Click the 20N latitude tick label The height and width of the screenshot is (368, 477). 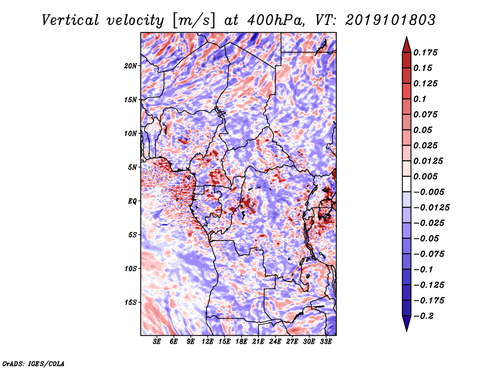[131, 66]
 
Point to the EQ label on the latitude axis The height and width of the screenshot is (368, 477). [132, 201]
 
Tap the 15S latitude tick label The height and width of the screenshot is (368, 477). [131, 302]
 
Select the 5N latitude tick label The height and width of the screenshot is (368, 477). [132, 167]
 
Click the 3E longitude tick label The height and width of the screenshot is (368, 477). [157, 342]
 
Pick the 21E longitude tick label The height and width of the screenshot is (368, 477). [258, 342]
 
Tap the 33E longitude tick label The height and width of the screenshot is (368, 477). [326, 342]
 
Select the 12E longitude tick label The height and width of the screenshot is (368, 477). [207, 342]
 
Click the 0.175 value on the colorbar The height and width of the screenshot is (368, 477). [425, 52]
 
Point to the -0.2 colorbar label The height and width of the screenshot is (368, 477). [423, 316]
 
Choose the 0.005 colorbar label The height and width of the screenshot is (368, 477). [425, 176]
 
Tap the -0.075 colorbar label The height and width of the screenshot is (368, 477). [429, 254]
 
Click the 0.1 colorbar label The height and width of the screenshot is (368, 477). [420, 99]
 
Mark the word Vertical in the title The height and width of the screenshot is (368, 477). [70, 20]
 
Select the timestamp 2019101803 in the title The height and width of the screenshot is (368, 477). [391, 20]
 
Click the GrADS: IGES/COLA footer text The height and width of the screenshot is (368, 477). [33, 363]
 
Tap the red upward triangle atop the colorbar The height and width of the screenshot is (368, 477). [407, 45]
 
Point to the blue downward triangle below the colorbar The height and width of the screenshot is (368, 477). [407, 323]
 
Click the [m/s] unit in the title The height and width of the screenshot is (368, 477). [193, 20]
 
